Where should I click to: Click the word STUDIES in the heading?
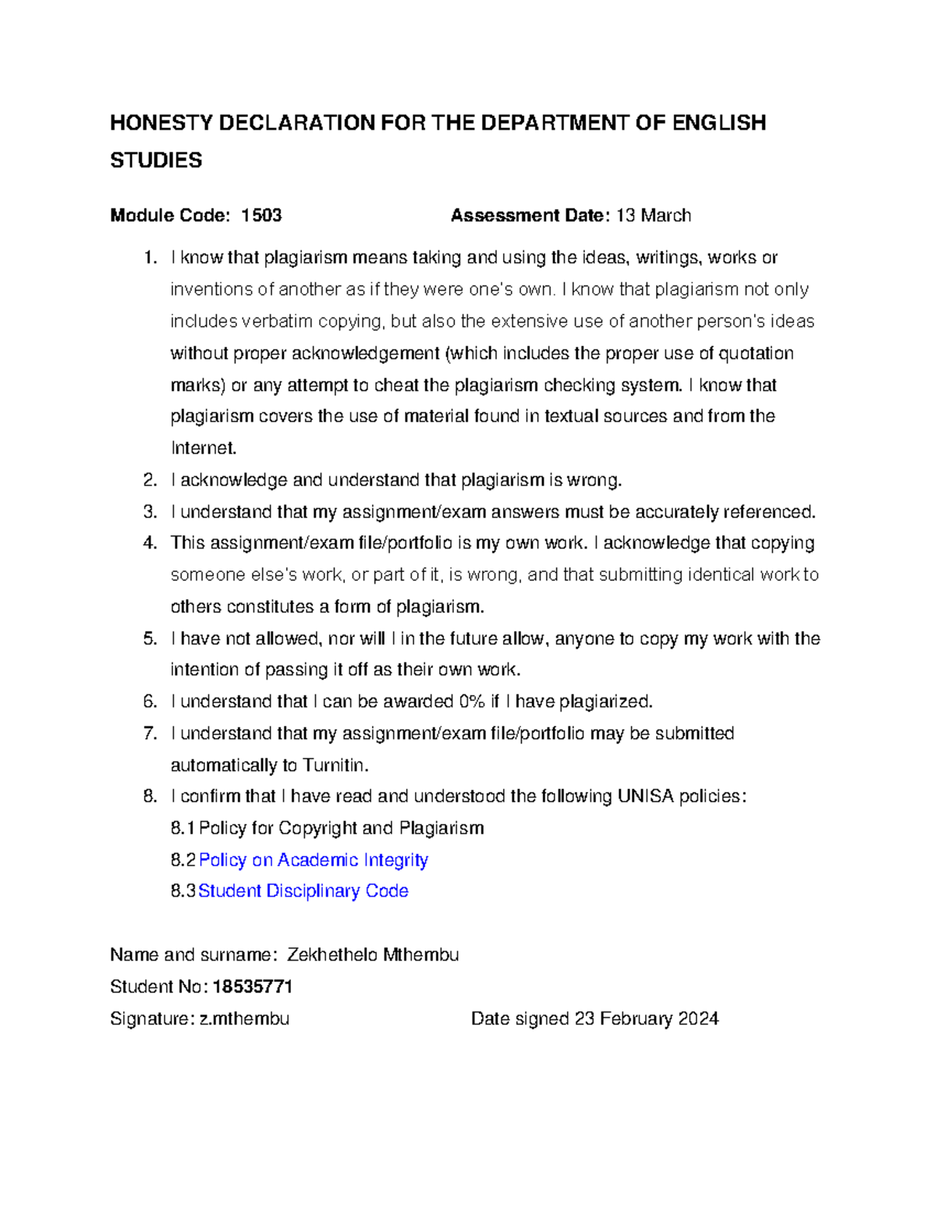[x=156, y=161]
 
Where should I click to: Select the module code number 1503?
[x=261, y=215]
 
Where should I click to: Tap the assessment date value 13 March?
[x=654, y=215]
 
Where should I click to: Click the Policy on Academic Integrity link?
[x=314, y=860]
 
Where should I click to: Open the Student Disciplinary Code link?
[x=303, y=891]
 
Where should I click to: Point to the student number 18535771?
[x=252, y=987]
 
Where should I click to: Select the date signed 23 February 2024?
[x=647, y=1019]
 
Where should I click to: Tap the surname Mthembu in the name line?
[x=421, y=955]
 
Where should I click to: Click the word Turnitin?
[x=335, y=766]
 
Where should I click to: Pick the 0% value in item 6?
[x=471, y=702]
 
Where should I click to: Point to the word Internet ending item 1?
[x=203, y=449]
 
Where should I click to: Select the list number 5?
[x=150, y=639]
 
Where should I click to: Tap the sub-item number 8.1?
[x=183, y=829]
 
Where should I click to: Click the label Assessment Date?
[x=530, y=215]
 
